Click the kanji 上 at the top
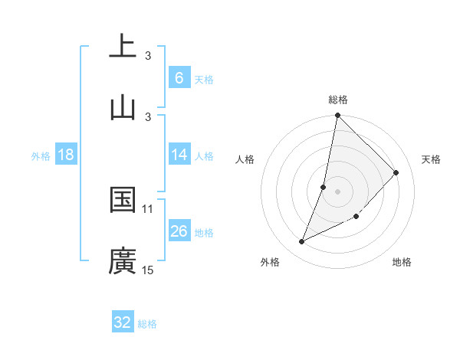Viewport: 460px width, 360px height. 123,46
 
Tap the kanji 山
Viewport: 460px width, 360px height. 123,107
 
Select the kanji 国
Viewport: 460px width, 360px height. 123,200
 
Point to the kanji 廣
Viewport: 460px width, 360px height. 123,261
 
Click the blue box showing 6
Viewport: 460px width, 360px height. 179,77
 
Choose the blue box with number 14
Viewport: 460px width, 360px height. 179,155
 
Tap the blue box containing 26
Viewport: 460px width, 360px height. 179,231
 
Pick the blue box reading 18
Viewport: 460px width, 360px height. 66,155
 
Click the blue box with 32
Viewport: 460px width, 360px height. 123,322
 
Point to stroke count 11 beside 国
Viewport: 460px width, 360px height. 148,208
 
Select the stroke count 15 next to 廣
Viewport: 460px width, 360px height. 148,270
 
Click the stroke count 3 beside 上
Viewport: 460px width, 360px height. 148,55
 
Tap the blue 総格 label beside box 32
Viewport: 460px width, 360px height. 147,324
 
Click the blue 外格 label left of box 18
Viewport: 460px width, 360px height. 41,155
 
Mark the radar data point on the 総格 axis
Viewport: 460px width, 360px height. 337,115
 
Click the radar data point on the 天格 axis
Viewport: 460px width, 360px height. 396,172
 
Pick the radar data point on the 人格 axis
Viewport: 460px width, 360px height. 324,187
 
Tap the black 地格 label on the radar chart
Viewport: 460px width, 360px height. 402,262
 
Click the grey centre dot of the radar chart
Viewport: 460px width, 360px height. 337,191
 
